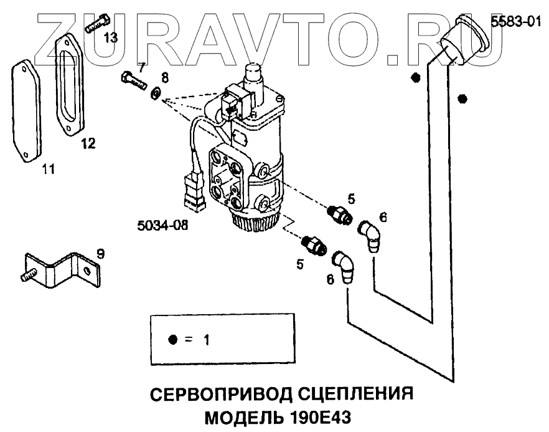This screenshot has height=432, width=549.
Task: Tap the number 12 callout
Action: [x=88, y=145]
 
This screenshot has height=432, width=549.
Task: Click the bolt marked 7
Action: [x=131, y=79]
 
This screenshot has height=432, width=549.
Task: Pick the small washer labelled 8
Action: [x=155, y=94]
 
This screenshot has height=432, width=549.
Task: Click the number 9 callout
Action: [x=100, y=254]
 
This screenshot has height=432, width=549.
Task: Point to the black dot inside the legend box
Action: [x=173, y=340]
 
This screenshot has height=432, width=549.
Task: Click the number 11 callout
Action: [x=47, y=168]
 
